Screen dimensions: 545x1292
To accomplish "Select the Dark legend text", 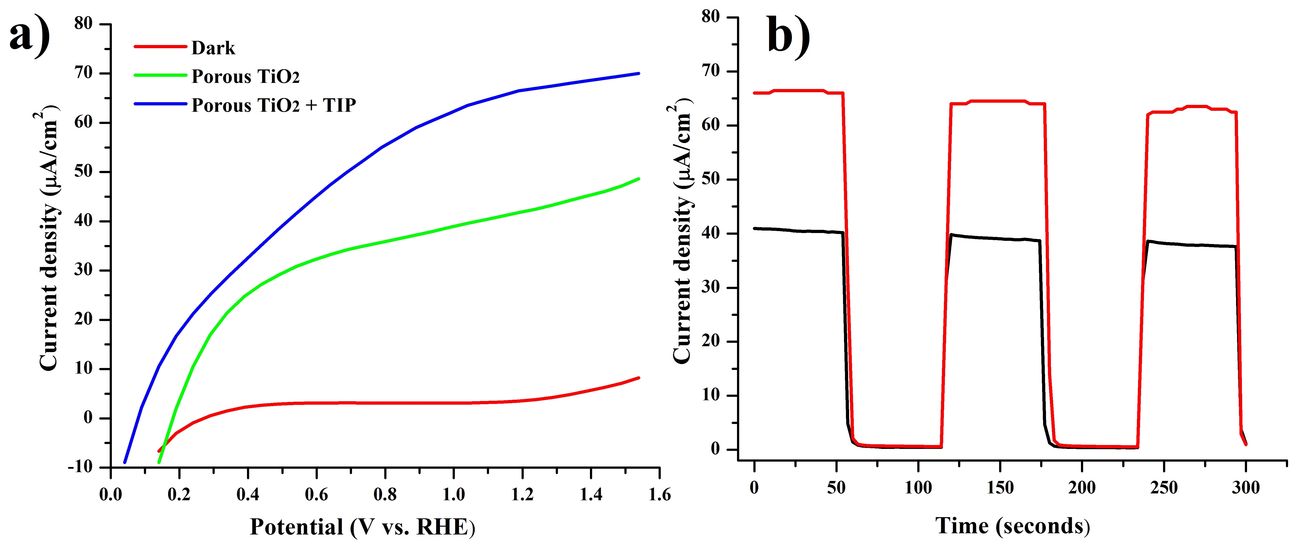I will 213,48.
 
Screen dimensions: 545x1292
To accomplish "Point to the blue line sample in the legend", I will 160,104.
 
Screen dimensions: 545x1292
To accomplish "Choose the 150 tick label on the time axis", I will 1000,487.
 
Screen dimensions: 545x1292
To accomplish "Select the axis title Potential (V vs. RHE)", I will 362,527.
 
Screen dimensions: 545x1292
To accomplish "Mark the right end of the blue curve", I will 639,73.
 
